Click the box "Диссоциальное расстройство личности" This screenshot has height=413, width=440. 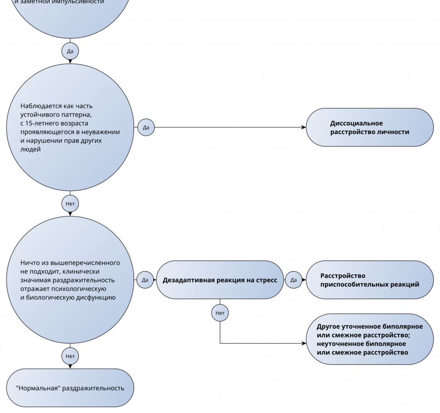click(370, 127)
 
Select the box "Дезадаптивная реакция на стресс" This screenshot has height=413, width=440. click(220, 280)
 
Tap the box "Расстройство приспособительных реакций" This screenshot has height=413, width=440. click(370, 280)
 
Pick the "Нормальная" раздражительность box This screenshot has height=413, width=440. click(70, 388)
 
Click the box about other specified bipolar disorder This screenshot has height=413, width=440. click(370, 339)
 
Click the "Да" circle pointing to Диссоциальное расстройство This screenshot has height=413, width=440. click(146, 127)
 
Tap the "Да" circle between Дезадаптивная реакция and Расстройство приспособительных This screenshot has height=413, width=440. click(294, 280)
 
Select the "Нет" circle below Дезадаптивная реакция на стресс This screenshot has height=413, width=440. click(220, 313)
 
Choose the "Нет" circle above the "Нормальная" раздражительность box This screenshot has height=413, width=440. click(70, 356)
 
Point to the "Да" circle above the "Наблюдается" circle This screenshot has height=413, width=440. click(70, 51)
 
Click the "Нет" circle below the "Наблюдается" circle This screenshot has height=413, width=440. click(70, 204)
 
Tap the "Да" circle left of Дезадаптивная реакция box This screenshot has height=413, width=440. click(145, 280)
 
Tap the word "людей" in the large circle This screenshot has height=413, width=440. click(30, 149)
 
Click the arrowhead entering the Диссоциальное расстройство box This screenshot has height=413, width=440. click(304, 127)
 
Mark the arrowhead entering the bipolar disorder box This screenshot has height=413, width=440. click(304, 343)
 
